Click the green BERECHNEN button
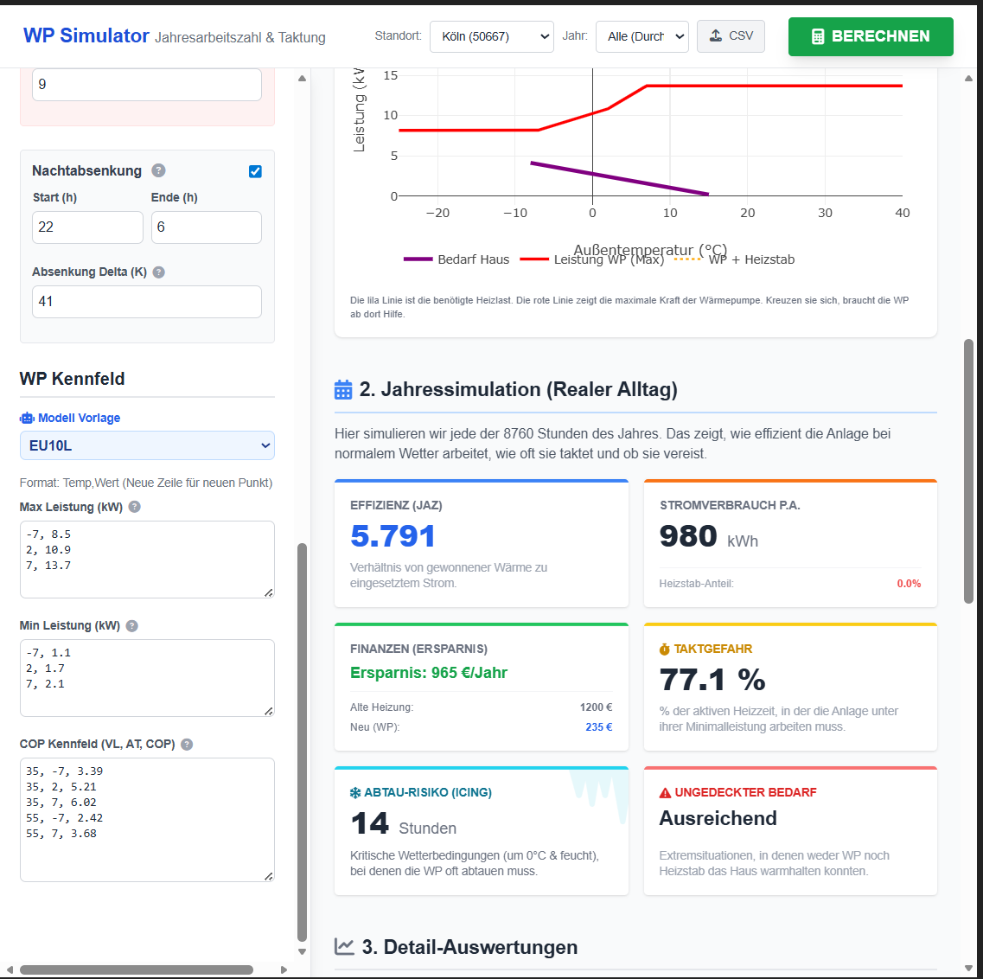871,36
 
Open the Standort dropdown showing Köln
491,36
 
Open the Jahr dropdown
642,36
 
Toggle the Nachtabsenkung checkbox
255,171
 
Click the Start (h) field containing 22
87,227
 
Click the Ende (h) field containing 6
206,227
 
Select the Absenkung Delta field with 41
146,302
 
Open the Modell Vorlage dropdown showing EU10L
146,445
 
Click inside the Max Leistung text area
146,559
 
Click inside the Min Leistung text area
146,677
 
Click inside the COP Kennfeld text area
146,819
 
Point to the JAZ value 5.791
393,536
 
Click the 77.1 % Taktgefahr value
712,680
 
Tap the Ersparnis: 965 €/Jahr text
429,673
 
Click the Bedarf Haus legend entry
456,259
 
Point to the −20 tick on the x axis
438,213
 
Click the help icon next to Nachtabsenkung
158,170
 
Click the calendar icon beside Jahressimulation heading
343,390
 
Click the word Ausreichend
718,818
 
